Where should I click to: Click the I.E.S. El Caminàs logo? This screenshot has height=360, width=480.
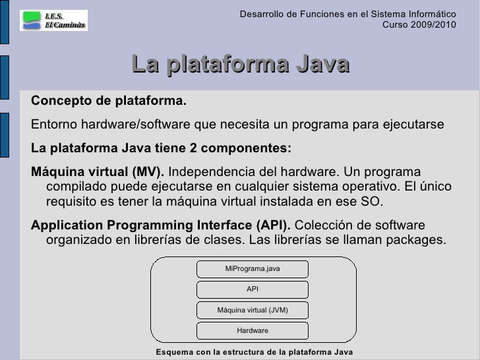pos(53,20)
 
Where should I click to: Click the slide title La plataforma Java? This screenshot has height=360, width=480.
pos(241,64)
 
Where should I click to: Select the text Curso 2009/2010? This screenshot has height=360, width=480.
pos(419,24)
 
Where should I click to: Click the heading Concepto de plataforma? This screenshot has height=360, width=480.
pos(109,101)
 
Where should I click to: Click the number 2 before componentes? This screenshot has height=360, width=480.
pos(193,148)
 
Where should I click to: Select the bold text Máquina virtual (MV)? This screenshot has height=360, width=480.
pos(98,171)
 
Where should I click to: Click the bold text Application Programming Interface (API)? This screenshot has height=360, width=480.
pos(161,225)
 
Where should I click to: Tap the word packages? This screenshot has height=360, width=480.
pos(416,240)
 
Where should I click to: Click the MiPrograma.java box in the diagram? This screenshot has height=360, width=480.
pos(253,269)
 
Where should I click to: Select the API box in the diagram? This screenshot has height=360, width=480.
pos(253,289)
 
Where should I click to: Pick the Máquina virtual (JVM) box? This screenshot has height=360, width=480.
pos(253,310)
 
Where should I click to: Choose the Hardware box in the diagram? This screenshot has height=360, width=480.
pos(253,330)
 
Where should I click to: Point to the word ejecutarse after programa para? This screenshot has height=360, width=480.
pos(413,124)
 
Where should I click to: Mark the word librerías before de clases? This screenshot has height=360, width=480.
pos(158,240)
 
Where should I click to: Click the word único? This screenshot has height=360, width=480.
pos(436,186)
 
